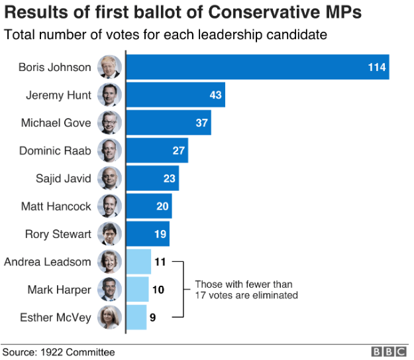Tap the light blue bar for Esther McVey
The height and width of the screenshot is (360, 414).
136,318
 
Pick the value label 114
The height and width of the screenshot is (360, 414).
378,67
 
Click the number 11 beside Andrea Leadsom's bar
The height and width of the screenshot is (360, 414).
160,262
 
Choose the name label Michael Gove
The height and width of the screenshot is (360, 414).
56,123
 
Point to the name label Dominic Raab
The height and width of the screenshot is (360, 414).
56,150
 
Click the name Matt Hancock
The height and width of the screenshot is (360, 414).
56,206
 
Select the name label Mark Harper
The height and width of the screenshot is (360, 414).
59,290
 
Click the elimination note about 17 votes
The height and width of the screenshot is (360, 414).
246,290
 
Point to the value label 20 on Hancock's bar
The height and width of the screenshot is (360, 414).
162,206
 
